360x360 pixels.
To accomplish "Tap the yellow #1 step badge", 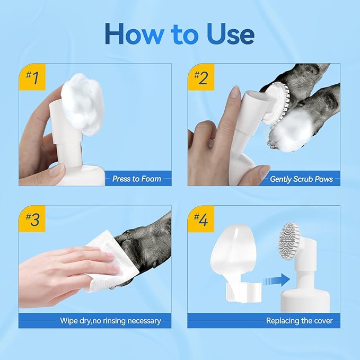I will click(x=32, y=77).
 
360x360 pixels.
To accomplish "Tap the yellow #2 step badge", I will click(x=201, y=77).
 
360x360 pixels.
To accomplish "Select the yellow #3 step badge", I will click(x=32, y=219).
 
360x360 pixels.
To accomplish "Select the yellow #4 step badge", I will click(x=201, y=219).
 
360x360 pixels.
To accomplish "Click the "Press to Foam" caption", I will click(x=136, y=179).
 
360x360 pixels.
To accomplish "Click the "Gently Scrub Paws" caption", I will click(x=301, y=179).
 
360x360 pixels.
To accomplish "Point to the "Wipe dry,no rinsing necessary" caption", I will click(x=110, y=321).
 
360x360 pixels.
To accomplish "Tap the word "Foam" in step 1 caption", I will click(x=151, y=179).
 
